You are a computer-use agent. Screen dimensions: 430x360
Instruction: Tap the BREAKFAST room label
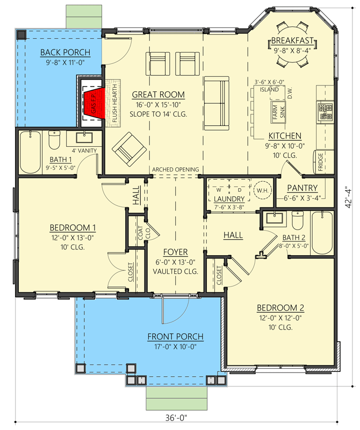pos(292,41)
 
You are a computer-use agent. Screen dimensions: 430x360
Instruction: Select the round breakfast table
pos(293,42)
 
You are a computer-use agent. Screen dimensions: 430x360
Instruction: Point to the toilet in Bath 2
pos(298,221)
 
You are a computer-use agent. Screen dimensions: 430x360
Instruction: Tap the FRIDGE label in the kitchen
pos(320,161)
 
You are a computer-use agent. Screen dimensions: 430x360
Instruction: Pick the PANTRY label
pos(302,188)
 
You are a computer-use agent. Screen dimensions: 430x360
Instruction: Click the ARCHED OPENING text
pos(175,170)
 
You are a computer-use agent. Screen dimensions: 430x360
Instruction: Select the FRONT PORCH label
pos(176,337)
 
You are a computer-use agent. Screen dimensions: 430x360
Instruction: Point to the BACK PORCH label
pos(65,52)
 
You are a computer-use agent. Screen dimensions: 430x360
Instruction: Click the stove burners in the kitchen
pos(326,111)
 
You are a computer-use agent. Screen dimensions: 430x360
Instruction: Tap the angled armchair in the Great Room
pos(127,147)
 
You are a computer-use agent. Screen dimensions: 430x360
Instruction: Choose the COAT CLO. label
pos(141,232)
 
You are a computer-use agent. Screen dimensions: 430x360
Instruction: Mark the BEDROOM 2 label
pos(280,308)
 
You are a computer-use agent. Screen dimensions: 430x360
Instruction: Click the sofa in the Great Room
pos(217,101)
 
